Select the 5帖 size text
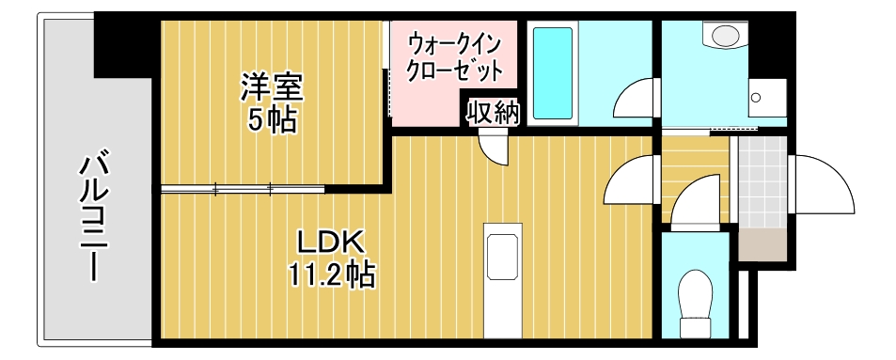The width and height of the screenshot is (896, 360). click(x=273, y=119)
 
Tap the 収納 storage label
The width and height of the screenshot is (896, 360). click(x=494, y=114)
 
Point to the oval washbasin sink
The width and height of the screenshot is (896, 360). click(x=726, y=36)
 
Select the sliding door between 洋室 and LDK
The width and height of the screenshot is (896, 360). click(x=243, y=190)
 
